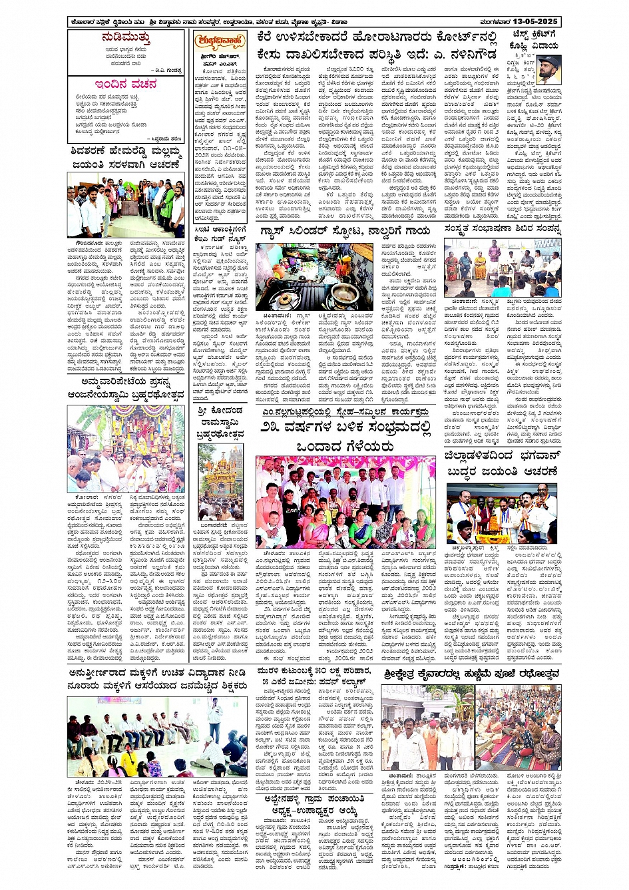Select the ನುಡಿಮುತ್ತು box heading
pos(126,37)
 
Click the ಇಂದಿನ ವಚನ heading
pos(126,85)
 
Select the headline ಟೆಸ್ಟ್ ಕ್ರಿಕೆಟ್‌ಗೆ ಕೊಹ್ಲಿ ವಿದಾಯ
pos(535,39)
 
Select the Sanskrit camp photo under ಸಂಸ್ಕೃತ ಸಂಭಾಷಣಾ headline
pos(503,268)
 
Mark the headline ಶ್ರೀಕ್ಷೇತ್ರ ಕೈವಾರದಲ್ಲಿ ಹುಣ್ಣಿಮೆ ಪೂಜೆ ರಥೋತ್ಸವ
pos(471,674)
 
